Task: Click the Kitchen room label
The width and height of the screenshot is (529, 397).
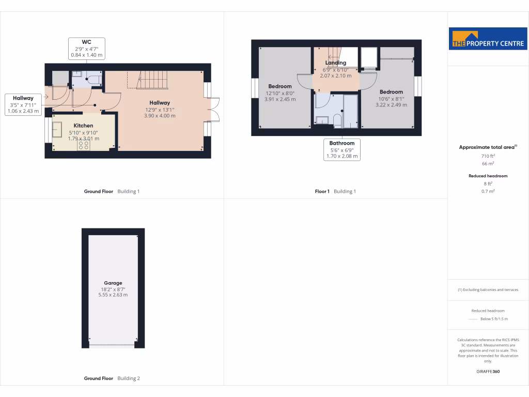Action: point(83,126)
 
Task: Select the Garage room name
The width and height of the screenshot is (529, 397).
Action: point(113,283)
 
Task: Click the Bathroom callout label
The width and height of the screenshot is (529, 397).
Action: point(342,143)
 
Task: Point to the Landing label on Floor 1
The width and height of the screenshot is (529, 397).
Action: point(335,63)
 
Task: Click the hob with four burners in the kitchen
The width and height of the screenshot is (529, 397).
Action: point(84,145)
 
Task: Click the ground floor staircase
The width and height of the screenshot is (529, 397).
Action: point(152,80)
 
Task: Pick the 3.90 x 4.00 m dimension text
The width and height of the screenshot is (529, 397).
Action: point(160,116)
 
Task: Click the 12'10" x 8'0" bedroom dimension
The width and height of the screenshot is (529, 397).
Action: point(279,93)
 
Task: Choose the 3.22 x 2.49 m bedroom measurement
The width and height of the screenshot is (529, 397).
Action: point(391,105)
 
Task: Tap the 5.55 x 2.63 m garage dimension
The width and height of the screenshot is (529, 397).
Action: point(113,295)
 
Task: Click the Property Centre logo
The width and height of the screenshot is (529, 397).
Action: point(488,39)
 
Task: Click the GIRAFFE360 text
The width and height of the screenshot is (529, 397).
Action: point(488,371)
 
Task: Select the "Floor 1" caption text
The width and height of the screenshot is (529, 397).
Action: point(322,191)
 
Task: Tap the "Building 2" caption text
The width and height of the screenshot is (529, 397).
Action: point(129,378)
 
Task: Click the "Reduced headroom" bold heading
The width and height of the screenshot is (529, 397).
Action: point(488,176)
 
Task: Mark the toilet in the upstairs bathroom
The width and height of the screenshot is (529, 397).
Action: point(337,121)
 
